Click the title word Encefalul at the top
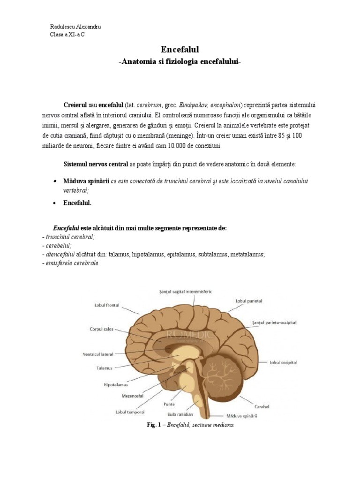tap(180, 49)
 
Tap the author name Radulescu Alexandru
tap(75, 27)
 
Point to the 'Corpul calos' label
tap(102, 329)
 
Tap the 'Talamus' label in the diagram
tap(102, 368)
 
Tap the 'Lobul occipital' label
tap(283, 362)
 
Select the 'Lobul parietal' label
tap(248, 300)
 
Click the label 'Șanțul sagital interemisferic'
tap(185, 291)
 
